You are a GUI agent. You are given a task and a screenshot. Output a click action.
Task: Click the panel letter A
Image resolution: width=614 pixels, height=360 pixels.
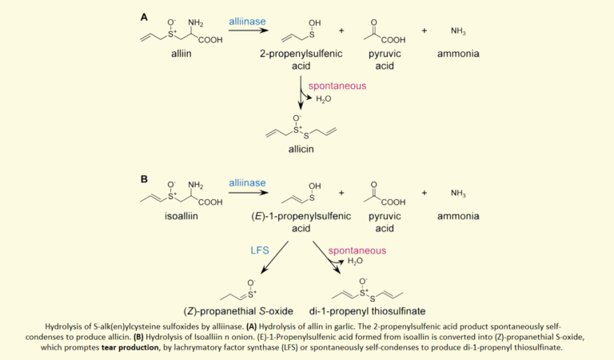(144, 18)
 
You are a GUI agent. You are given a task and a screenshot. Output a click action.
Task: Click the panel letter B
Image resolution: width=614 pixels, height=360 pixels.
(144, 179)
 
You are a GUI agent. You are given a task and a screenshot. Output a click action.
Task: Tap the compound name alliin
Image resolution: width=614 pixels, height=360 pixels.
(181, 54)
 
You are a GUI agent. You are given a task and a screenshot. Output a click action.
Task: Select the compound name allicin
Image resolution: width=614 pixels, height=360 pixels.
(301, 149)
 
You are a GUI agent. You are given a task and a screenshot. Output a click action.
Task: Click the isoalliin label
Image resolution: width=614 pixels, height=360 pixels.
(181, 216)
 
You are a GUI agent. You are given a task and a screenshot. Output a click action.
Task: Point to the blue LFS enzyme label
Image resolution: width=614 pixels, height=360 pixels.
(260, 250)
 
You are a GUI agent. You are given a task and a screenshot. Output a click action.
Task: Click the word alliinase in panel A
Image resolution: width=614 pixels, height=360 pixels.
(247, 22)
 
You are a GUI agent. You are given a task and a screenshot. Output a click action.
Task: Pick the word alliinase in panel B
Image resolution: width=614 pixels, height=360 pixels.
(247, 183)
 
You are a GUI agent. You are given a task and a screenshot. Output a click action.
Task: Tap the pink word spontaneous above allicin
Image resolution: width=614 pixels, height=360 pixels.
(337, 86)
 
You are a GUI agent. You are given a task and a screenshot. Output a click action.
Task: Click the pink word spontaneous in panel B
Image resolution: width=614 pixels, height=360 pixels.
(357, 250)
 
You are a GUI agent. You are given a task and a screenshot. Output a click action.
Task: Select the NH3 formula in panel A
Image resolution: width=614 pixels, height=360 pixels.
(458, 31)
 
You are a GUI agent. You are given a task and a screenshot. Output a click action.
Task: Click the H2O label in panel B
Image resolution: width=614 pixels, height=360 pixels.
(355, 261)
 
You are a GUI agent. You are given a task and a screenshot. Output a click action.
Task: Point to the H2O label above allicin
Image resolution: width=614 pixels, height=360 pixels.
(324, 98)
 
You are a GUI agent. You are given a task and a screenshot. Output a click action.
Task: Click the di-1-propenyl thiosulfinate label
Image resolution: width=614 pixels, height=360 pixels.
(367, 311)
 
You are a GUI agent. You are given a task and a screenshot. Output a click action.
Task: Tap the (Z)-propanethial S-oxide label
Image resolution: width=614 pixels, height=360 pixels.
(238, 311)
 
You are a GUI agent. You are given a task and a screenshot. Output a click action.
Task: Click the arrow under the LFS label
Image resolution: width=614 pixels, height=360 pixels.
(274, 257)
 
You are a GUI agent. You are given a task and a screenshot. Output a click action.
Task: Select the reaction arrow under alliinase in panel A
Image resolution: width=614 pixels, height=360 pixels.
(249, 30)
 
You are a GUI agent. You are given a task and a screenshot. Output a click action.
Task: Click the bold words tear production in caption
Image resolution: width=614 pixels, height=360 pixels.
(130, 347)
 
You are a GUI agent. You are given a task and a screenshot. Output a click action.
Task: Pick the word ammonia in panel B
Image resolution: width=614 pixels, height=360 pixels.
(458, 216)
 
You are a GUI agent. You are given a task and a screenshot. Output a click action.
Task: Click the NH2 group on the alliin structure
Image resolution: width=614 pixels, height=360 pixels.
(195, 22)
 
